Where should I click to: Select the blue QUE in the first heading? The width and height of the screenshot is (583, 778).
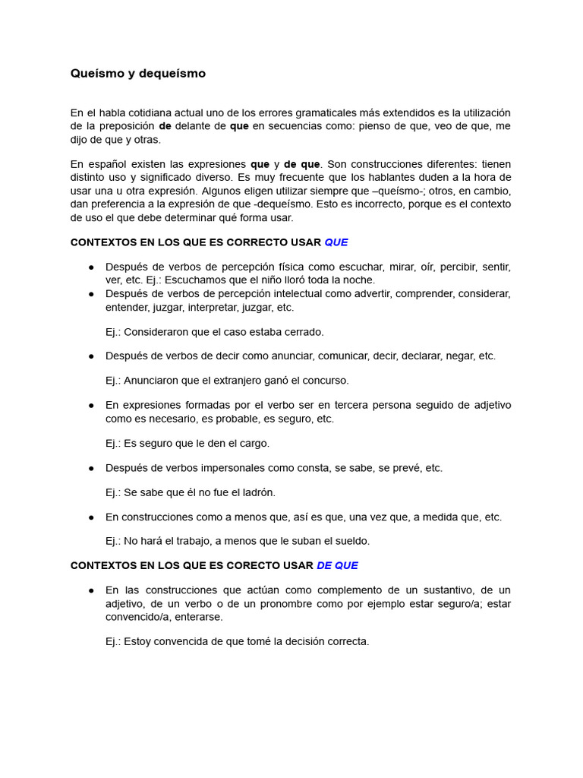(336, 242)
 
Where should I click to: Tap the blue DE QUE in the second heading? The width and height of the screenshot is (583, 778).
(337, 565)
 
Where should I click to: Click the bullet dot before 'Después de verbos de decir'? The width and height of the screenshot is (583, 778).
(91, 356)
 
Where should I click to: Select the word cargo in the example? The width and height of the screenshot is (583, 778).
(254, 443)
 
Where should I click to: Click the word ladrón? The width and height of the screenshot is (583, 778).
(258, 492)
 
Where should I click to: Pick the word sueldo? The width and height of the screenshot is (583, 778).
(351, 541)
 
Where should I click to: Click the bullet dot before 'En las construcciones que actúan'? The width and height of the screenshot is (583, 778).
(91, 590)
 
